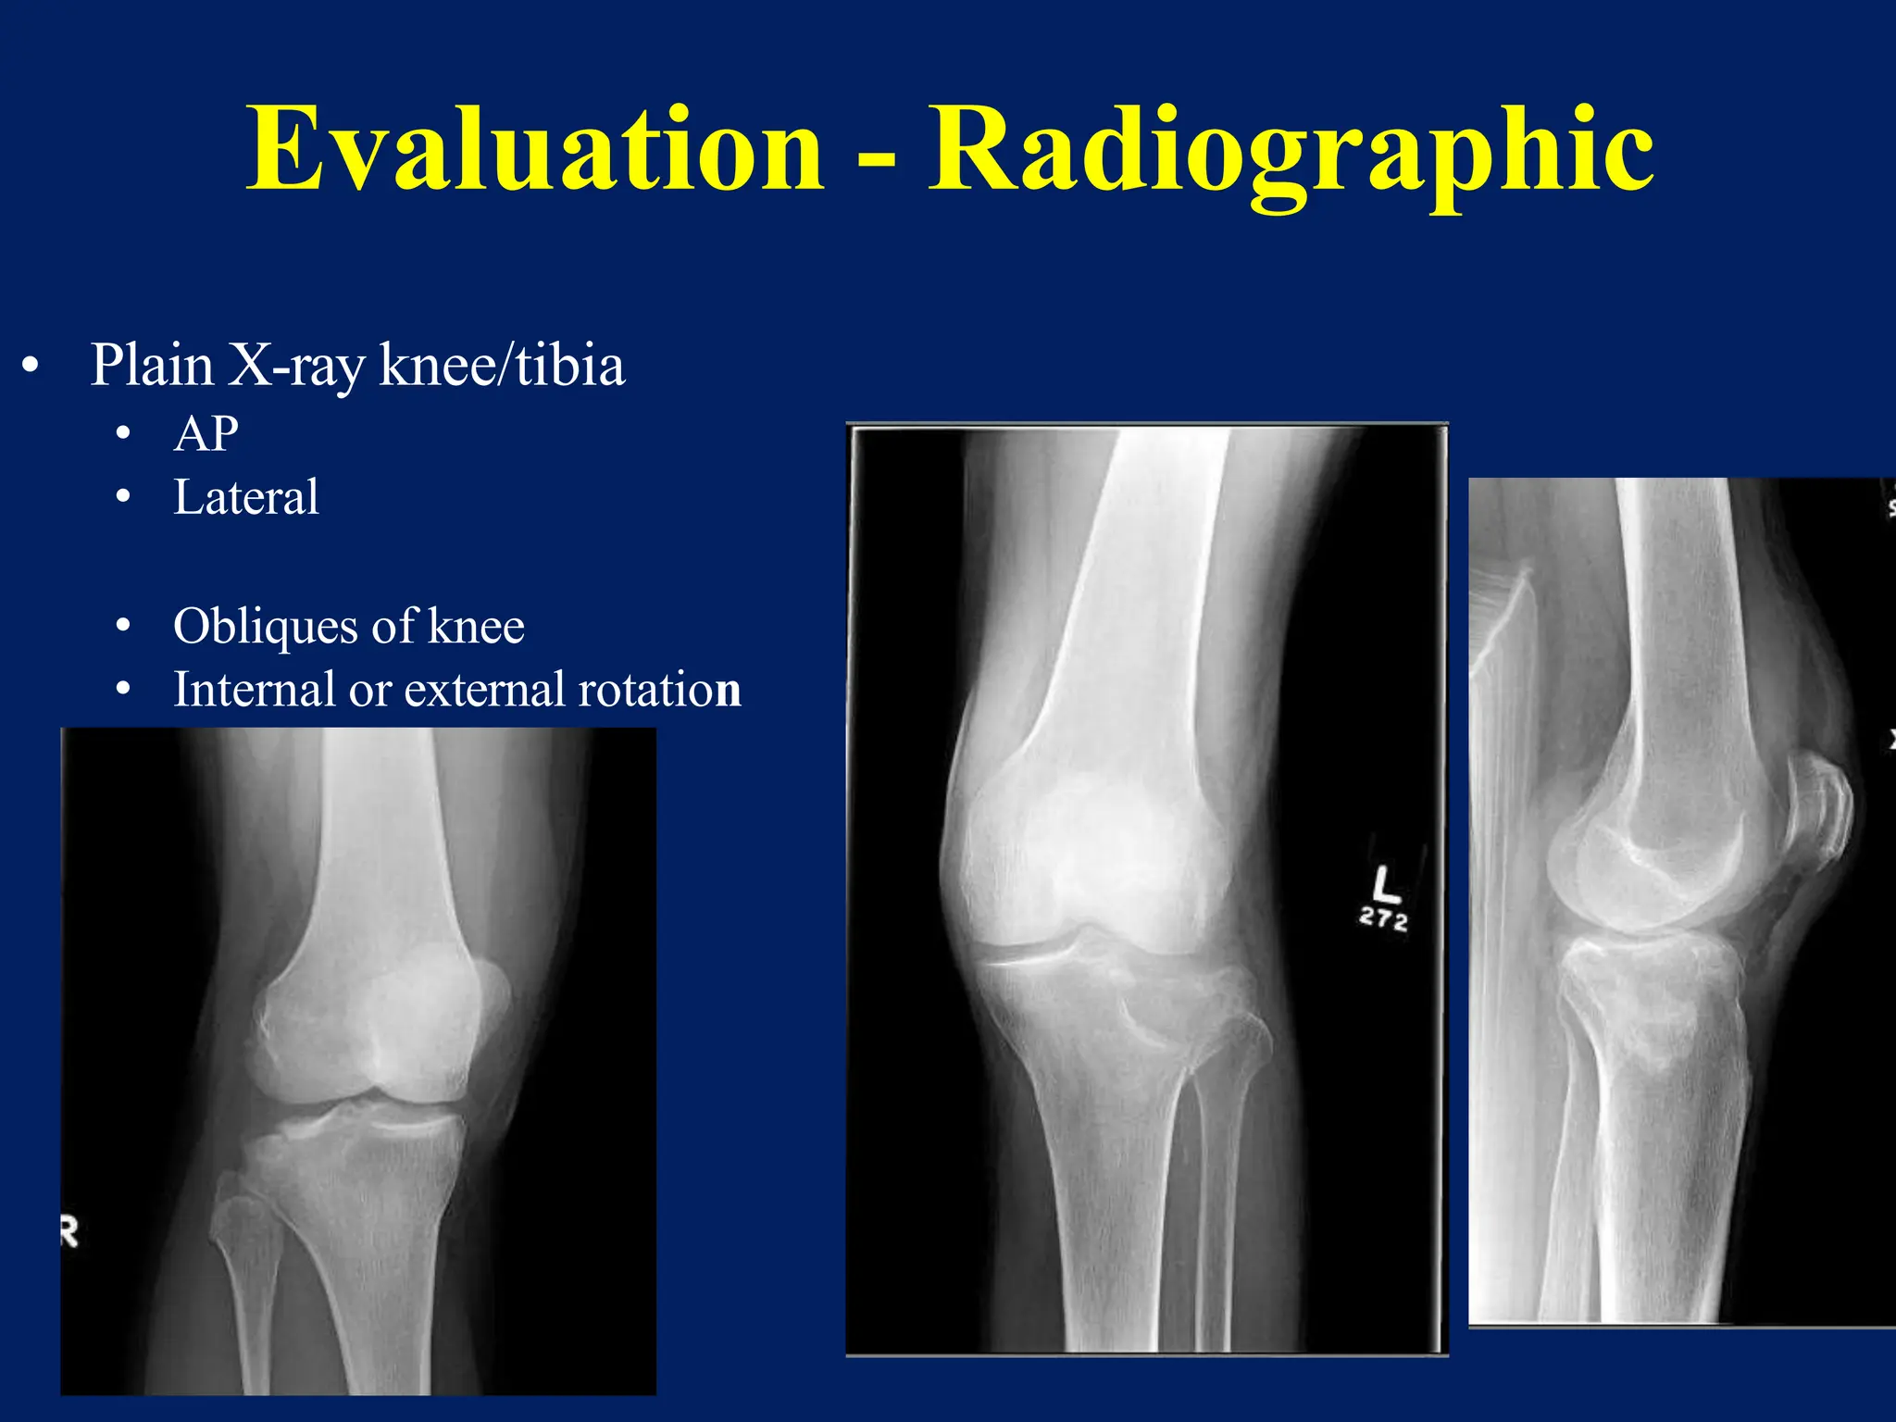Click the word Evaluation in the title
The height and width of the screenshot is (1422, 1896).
pyautogui.click(x=534, y=150)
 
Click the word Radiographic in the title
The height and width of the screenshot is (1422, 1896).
pyautogui.click(x=1291, y=150)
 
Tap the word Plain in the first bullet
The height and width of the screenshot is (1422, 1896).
pyautogui.click(x=152, y=365)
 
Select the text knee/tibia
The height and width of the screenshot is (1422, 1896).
pyautogui.click(x=503, y=365)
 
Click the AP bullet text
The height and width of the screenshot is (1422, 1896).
pyautogui.click(x=206, y=433)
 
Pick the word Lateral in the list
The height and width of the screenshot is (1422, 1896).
pyautogui.click(x=246, y=497)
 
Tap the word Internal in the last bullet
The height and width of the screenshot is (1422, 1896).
pyautogui.click(x=254, y=690)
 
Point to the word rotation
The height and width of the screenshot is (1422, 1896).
pyautogui.click(x=659, y=690)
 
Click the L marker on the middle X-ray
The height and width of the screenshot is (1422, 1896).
pyautogui.click(x=1385, y=883)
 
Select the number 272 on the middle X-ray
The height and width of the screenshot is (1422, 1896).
pyautogui.click(x=1383, y=919)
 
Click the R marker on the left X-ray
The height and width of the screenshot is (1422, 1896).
pyautogui.click(x=69, y=1232)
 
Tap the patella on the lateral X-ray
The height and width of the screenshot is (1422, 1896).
pyautogui.click(x=1818, y=815)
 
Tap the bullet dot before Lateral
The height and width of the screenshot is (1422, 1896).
pyautogui.click(x=123, y=499)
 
